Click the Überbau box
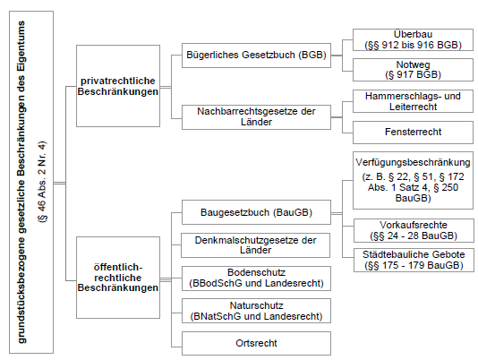pos(413,39)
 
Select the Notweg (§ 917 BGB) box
pos(413,70)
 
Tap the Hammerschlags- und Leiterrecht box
pos(413,101)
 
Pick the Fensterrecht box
pos(413,133)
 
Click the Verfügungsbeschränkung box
pos(413,180)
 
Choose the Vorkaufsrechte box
pos(414,230)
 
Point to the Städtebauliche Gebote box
pos(414,260)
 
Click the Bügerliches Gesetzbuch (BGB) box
pos(256,56)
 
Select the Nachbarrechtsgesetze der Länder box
pos(256,117)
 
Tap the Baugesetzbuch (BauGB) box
pos(256,212)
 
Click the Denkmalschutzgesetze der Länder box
pos(255,245)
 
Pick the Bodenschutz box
pos(256,279)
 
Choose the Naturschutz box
pos(256,311)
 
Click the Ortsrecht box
pos(256,344)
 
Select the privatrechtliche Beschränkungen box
pos(118,86)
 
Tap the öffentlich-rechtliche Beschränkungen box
pos(118,278)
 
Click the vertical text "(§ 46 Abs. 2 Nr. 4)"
pos(42,182)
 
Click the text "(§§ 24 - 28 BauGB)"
pos(414,236)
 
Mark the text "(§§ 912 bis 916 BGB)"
pos(413,45)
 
